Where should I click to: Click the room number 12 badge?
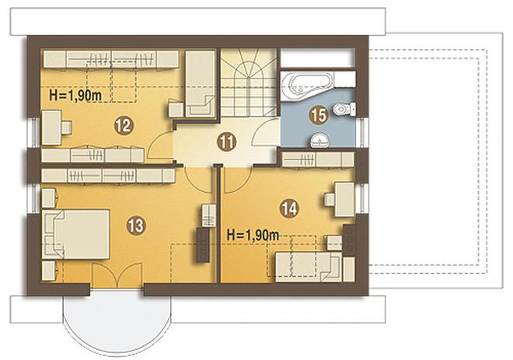click(x=124, y=126)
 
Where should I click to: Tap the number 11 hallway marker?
click(x=228, y=142)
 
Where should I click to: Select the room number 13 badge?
click(x=136, y=225)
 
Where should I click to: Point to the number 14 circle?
click(x=289, y=209)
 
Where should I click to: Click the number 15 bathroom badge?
click(x=319, y=116)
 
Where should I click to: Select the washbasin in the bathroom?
click(x=320, y=140)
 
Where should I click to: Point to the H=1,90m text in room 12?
click(x=75, y=96)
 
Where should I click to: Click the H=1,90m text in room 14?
click(x=253, y=235)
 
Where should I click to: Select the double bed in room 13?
click(x=75, y=234)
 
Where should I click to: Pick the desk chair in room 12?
click(x=67, y=128)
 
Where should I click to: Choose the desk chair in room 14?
click(x=330, y=200)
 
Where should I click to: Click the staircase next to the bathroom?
click(x=250, y=82)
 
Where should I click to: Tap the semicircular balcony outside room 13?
click(x=117, y=323)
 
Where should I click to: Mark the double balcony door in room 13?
click(x=117, y=275)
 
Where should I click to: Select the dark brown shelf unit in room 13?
click(x=203, y=245)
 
